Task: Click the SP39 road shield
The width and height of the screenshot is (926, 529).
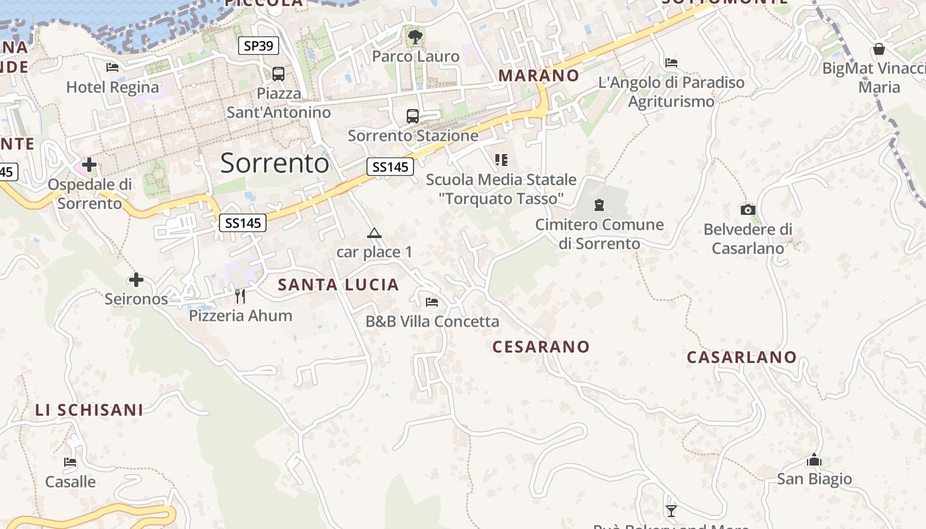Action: (259, 46)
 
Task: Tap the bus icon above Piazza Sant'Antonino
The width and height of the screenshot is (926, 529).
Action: (278, 73)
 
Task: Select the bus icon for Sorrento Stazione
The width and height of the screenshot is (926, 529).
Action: (413, 116)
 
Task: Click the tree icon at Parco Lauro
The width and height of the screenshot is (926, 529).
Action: (415, 37)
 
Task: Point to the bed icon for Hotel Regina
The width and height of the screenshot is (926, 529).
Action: (112, 67)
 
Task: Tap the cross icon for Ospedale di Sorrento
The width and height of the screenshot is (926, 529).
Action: (89, 165)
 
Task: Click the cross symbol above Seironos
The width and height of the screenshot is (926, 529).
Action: (136, 280)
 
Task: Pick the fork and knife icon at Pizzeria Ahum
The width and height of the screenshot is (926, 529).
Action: (240, 296)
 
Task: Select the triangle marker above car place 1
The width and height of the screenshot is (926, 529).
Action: (374, 233)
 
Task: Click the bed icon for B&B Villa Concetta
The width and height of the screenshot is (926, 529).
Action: (432, 302)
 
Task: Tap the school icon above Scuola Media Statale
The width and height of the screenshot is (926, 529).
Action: (501, 160)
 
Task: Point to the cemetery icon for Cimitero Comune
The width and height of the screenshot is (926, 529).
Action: (599, 205)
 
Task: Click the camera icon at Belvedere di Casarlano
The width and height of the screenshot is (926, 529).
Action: (748, 210)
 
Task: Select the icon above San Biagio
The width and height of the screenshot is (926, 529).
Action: (814, 460)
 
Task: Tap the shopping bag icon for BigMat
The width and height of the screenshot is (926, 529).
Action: (879, 49)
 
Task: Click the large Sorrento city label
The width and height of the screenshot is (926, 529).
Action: (274, 163)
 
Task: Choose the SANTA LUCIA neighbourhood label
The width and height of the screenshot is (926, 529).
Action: (339, 285)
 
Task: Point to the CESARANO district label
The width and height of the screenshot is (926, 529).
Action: (541, 346)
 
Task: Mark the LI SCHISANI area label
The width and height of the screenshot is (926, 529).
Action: (89, 410)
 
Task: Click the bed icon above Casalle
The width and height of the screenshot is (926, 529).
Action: (70, 462)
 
